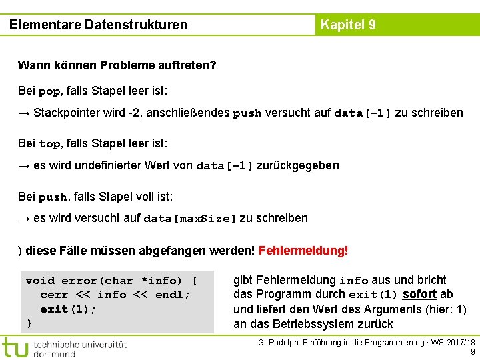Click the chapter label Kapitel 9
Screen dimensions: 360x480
(x=348, y=25)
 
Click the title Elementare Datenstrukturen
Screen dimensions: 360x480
(x=99, y=25)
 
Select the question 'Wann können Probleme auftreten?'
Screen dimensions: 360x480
(x=117, y=65)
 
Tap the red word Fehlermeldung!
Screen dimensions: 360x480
(x=303, y=251)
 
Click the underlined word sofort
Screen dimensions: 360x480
(x=419, y=294)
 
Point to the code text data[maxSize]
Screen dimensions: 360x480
(x=190, y=219)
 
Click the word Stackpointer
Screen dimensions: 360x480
(x=67, y=113)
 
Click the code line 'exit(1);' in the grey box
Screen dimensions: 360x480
(x=68, y=309)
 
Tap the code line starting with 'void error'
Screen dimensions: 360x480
(x=111, y=281)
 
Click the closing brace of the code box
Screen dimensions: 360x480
(x=29, y=323)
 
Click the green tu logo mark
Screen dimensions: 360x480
(x=15, y=347)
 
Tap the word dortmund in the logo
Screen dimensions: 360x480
(x=55, y=354)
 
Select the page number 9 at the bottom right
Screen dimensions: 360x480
(x=473, y=352)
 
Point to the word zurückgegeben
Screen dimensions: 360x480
(x=298, y=165)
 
